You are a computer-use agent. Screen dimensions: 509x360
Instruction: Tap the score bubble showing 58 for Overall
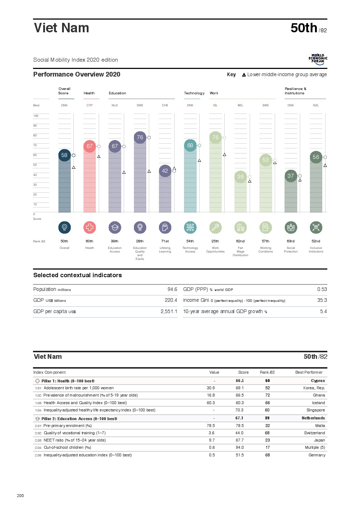click(64, 155)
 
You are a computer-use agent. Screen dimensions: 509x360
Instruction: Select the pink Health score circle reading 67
click(90, 146)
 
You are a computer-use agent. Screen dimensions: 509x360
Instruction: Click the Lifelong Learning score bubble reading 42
click(165, 171)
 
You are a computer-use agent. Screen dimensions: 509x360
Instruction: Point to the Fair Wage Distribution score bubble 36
click(240, 177)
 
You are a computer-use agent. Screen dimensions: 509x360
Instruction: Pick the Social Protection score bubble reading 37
click(291, 176)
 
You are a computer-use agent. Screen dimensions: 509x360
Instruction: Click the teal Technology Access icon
click(190, 227)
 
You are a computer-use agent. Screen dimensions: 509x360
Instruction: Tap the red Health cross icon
click(90, 227)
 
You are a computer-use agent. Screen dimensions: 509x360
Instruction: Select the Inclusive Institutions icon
click(316, 227)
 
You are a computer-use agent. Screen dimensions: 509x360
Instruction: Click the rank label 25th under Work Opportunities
click(215, 241)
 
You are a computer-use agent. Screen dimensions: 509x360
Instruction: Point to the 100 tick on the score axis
click(36, 116)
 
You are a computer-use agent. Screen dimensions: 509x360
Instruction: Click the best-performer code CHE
click(165, 106)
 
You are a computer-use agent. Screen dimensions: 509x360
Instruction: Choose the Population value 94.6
click(172, 290)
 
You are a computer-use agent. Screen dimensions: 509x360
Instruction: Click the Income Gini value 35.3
click(322, 300)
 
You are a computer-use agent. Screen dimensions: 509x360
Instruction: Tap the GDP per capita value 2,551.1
click(169, 312)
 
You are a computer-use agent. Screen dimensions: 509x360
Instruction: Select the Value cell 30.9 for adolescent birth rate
click(210, 388)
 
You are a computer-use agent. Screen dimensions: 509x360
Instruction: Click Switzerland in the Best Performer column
click(314, 433)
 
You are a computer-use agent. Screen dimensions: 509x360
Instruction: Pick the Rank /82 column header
click(267, 373)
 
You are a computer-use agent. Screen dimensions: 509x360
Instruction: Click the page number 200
click(20, 496)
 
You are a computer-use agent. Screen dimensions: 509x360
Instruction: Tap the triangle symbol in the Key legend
click(244, 75)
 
